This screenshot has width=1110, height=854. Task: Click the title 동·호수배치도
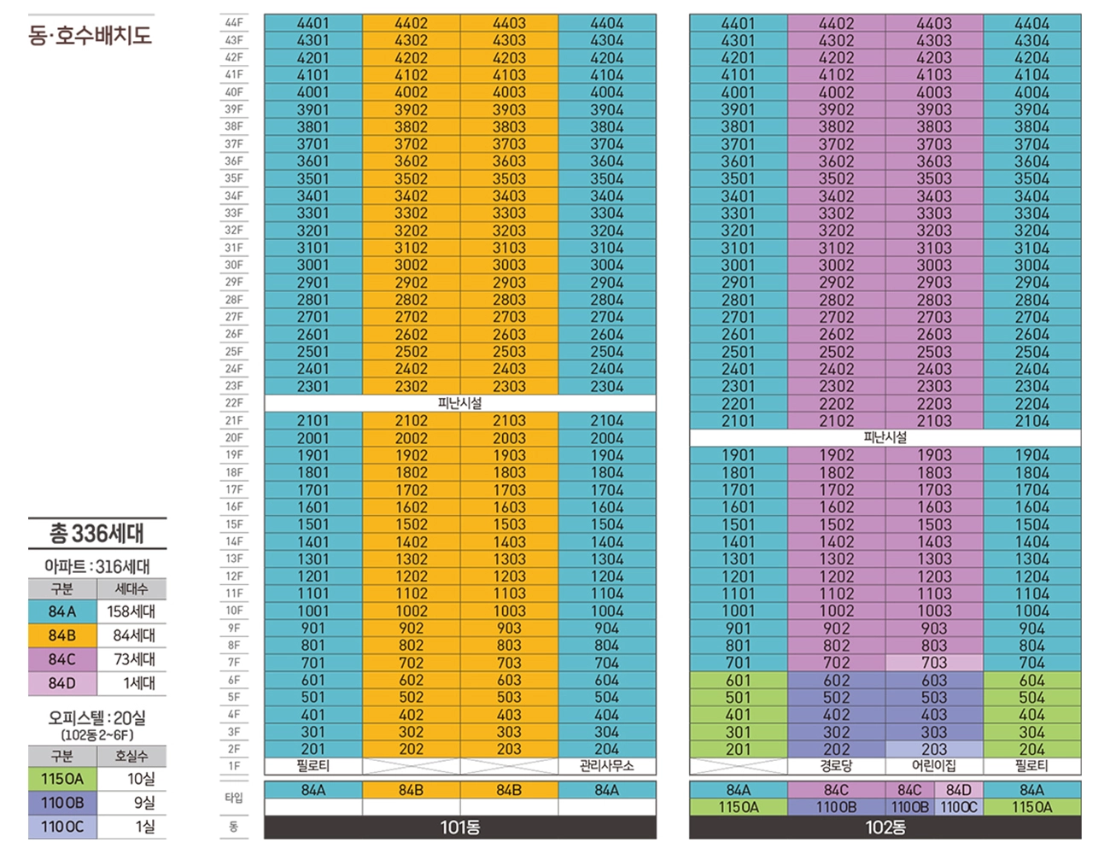[x=90, y=35]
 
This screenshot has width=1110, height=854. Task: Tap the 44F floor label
[x=234, y=22]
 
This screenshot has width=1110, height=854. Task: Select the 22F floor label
[x=234, y=402]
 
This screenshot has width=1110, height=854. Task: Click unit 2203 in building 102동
[x=934, y=403]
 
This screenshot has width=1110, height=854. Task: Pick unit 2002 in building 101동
[x=411, y=437]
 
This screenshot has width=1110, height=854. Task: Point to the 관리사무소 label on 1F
[x=606, y=766]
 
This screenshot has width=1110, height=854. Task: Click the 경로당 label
[x=836, y=766]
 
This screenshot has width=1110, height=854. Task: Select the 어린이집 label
[x=934, y=766]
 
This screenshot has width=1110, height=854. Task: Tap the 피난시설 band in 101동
[x=460, y=402]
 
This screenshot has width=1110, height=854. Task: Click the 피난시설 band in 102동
[x=885, y=437]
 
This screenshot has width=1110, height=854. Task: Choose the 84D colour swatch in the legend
[x=62, y=683]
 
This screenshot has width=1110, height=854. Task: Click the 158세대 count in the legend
[x=131, y=611]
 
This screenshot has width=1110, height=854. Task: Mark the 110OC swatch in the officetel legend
[x=62, y=827]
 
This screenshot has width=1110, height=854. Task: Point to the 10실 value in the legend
[x=141, y=779]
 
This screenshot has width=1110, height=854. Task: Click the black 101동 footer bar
[x=460, y=828]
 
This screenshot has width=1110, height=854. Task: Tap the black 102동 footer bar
[x=885, y=828]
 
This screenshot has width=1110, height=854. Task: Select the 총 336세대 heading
[x=96, y=534]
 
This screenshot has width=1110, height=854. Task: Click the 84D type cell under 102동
[x=959, y=790]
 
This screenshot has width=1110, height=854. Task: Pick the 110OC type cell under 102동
[x=959, y=807]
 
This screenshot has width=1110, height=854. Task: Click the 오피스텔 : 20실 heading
[x=96, y=718]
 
